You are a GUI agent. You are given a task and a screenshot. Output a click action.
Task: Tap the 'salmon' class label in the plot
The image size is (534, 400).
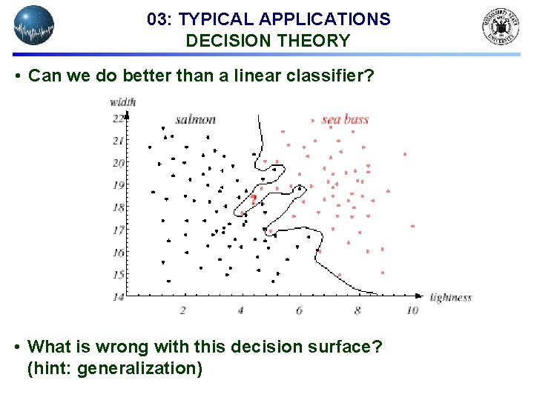(196, 119)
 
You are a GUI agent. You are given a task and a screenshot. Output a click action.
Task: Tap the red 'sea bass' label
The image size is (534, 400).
(345, 119)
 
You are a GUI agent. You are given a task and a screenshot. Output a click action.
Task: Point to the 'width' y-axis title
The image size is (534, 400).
(122, 102)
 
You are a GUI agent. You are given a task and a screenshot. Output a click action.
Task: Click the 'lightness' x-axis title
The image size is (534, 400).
(450, 298)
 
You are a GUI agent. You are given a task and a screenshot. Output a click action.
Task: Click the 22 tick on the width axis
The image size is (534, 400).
(118, 119)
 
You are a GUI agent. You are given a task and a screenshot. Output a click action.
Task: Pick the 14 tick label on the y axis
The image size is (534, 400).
(118, 297)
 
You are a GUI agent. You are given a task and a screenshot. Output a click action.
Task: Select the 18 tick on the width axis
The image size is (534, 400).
(118, 207)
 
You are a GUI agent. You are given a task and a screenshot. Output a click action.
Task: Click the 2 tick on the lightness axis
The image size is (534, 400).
(182, 310)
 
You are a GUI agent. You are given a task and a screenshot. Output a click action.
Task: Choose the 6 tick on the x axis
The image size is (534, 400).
(299, 310)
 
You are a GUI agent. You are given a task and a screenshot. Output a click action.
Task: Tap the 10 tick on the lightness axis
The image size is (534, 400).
(412, 310)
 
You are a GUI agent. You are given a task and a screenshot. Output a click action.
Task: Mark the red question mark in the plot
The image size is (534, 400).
(254, 199)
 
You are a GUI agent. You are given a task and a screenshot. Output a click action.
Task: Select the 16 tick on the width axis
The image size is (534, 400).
(118, 253)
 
